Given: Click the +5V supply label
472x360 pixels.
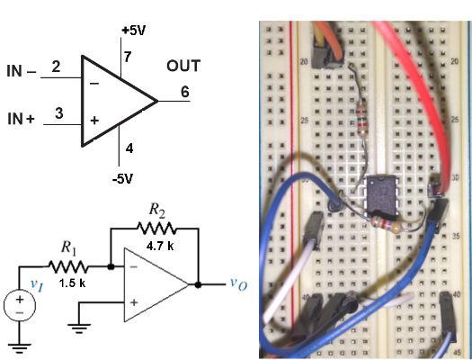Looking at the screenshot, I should tap(132, 31).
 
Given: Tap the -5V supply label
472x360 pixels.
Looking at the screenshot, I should tap(121, 178).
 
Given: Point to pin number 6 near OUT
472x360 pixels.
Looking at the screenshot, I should tap(184, 91).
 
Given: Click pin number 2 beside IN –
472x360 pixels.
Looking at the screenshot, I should tap(56, 67).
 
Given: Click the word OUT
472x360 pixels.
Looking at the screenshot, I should tap(183, 67).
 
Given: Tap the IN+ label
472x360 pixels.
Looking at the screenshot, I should tap(21, 118).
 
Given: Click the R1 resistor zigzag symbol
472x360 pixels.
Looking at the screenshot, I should tap(70, 266).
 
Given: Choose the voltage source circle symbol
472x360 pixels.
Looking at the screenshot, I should tap(18, 306).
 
